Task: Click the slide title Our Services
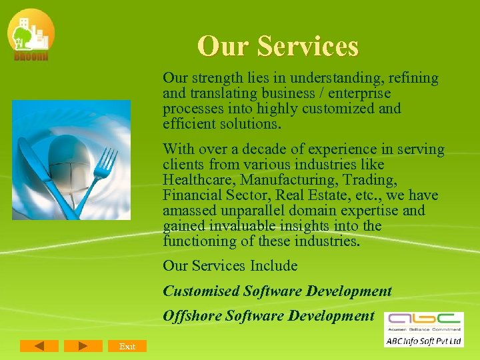(278, 46)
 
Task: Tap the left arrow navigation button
(39, 346)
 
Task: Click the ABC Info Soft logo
(423, 329)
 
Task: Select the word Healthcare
(199, 180)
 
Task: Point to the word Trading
(372, 180)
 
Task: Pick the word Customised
(201, 291)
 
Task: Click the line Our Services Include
(230, 266)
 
